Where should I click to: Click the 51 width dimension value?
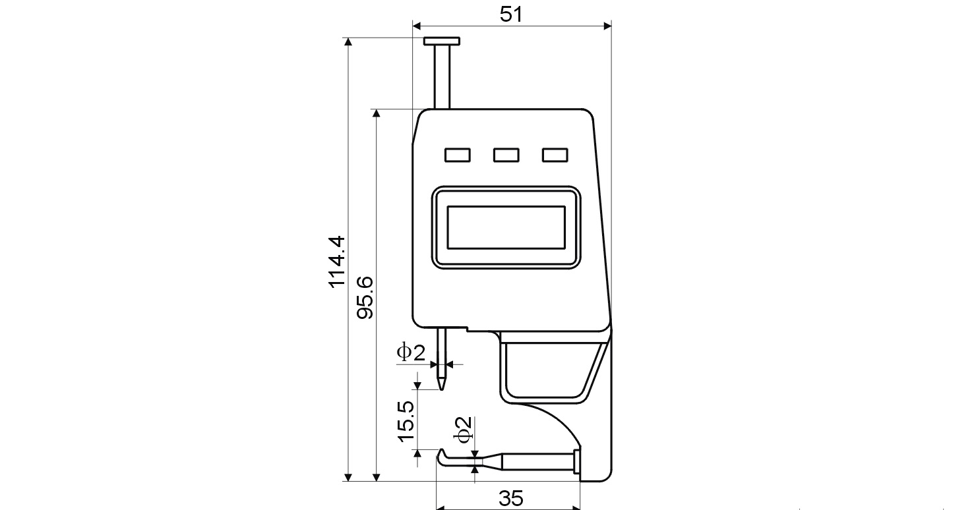point(511,14)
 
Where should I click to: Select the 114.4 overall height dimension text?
point(337,261)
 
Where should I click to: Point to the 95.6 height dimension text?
point(365,297)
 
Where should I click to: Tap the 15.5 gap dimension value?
point(406,420)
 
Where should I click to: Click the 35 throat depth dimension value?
point(511,498)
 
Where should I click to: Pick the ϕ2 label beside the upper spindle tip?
point(410,353)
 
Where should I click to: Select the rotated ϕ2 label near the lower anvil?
point(464,429)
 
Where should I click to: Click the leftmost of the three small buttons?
point(457,155)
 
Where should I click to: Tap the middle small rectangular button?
point(506,155)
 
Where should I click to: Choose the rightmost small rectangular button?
point(555,155)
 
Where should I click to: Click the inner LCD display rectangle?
point(506,227)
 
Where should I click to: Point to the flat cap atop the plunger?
point(442,42)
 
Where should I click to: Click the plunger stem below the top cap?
point(442,76)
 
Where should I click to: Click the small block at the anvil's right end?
point(577,461)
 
